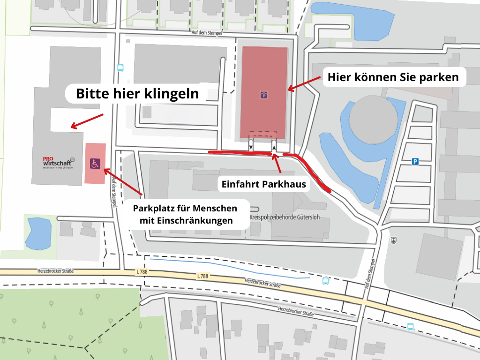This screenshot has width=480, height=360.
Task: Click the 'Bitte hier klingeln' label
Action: tap(137, 94)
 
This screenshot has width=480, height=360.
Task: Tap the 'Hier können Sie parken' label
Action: tap(393, 77)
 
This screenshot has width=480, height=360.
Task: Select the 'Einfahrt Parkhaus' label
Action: tap(263, 184)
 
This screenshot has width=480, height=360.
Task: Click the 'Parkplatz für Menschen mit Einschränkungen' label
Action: tap(186, 214)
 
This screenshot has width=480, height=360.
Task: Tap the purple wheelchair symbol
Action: tap(95, 164)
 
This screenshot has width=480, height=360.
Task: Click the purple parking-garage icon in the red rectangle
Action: tap(264, 95)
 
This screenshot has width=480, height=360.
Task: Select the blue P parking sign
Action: tap(415, 162)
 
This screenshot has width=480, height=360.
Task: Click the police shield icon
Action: tap(393, 240)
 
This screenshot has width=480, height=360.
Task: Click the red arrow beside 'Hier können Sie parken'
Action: tap(304, 83)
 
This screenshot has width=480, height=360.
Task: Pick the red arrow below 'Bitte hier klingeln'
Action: tap(87, 120)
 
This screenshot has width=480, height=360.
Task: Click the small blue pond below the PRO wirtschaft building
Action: tap(38, 233)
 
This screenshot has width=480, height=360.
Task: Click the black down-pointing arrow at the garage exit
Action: tap(251, 147)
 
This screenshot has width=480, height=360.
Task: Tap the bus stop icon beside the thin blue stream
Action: tap(325, 281)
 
